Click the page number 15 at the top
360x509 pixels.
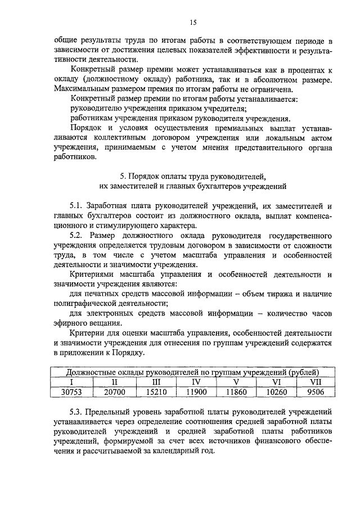pos(193,22)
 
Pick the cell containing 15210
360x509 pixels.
pos(154,391)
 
